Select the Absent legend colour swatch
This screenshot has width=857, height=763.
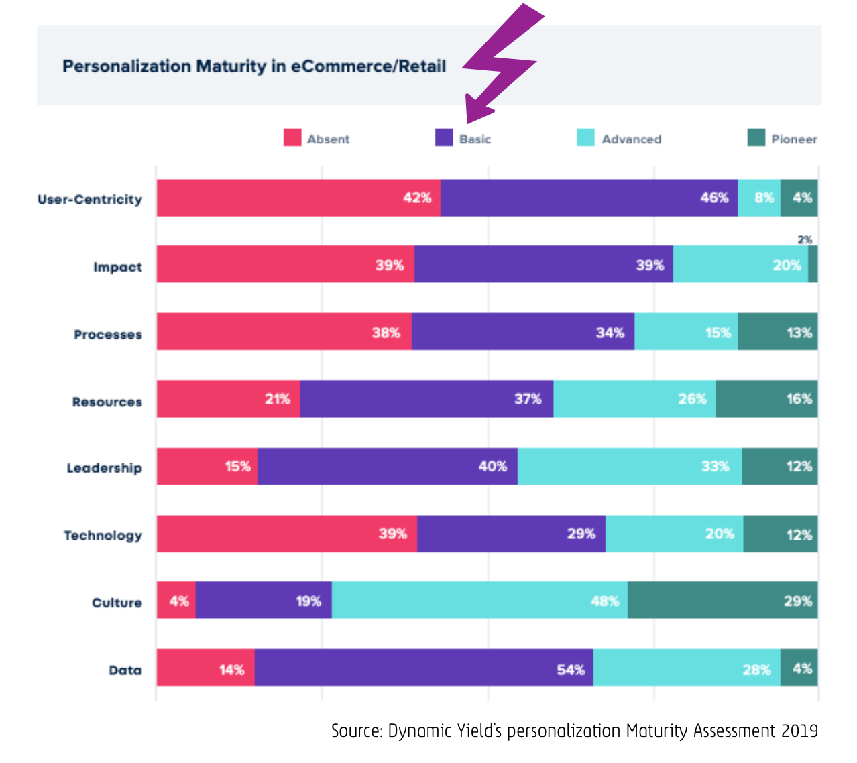(292, 137)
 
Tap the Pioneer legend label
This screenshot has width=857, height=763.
(794, 139)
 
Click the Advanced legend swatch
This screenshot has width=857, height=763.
(585, 137)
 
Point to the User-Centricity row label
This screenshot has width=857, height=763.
(90, 199)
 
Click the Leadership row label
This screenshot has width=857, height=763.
(104, 468)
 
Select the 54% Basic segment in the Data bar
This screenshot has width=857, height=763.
(424, 667)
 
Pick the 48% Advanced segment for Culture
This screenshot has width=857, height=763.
(479, 600)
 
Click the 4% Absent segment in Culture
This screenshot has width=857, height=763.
(176, 600)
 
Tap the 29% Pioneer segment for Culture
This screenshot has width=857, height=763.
(722, 600)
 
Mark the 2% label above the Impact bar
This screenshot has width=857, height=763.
(805, 239)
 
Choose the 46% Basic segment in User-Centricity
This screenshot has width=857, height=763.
(589, 198)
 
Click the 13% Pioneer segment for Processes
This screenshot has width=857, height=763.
(777, 331)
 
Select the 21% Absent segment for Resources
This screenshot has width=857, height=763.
(228, 399)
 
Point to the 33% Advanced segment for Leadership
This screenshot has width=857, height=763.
(630, 466)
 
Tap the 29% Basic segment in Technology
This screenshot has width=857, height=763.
(511, 534)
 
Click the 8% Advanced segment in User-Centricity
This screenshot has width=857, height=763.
(759, 198)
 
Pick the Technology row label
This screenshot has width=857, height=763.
(103, 535)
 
